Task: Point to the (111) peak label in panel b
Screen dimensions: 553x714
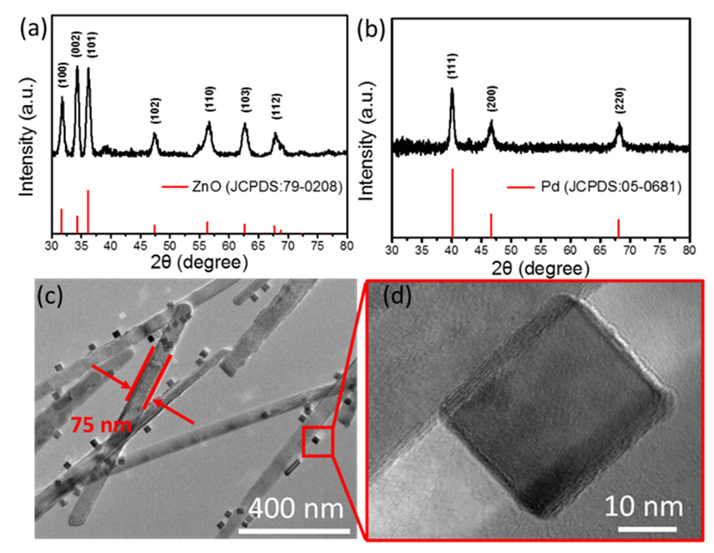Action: point(452,66)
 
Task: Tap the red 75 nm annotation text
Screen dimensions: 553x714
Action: point(102,425)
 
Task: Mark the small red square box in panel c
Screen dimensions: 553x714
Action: point(317,441)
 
